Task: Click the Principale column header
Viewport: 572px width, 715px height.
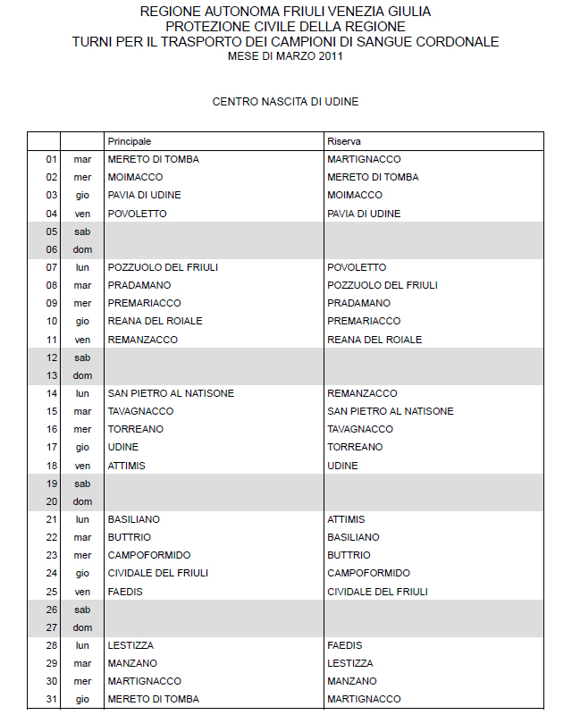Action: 130,141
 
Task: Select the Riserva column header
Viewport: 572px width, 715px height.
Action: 344,141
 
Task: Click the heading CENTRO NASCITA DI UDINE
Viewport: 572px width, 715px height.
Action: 285,102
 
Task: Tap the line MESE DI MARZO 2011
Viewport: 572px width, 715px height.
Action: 285,56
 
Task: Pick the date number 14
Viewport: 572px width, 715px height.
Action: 52,393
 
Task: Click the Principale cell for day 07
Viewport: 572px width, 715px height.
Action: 163,267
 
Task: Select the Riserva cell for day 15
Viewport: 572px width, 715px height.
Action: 390,411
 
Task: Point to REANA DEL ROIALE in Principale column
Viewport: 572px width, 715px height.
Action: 155,321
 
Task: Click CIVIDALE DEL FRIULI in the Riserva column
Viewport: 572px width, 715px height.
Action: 377,592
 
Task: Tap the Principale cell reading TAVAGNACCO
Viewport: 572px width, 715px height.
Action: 140,411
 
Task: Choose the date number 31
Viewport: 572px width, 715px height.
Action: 52,699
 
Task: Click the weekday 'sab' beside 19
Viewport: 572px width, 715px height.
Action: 82,484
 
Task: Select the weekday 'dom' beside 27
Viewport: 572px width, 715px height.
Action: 82,627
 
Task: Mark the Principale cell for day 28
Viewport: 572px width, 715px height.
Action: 130,645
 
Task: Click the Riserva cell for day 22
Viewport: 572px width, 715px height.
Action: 353,537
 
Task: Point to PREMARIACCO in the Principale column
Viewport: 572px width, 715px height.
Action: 144,303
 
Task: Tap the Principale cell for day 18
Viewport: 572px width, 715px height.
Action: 126,466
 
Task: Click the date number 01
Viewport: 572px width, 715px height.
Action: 52,159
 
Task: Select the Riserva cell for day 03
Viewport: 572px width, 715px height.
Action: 354,195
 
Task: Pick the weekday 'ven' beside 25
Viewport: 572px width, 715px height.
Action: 82,592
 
